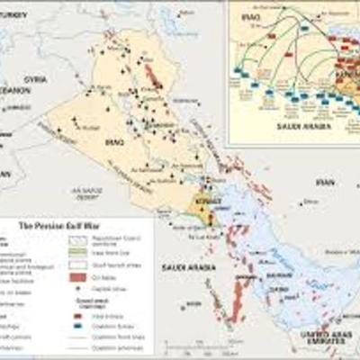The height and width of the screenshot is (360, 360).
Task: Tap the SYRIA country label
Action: [35, 78]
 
